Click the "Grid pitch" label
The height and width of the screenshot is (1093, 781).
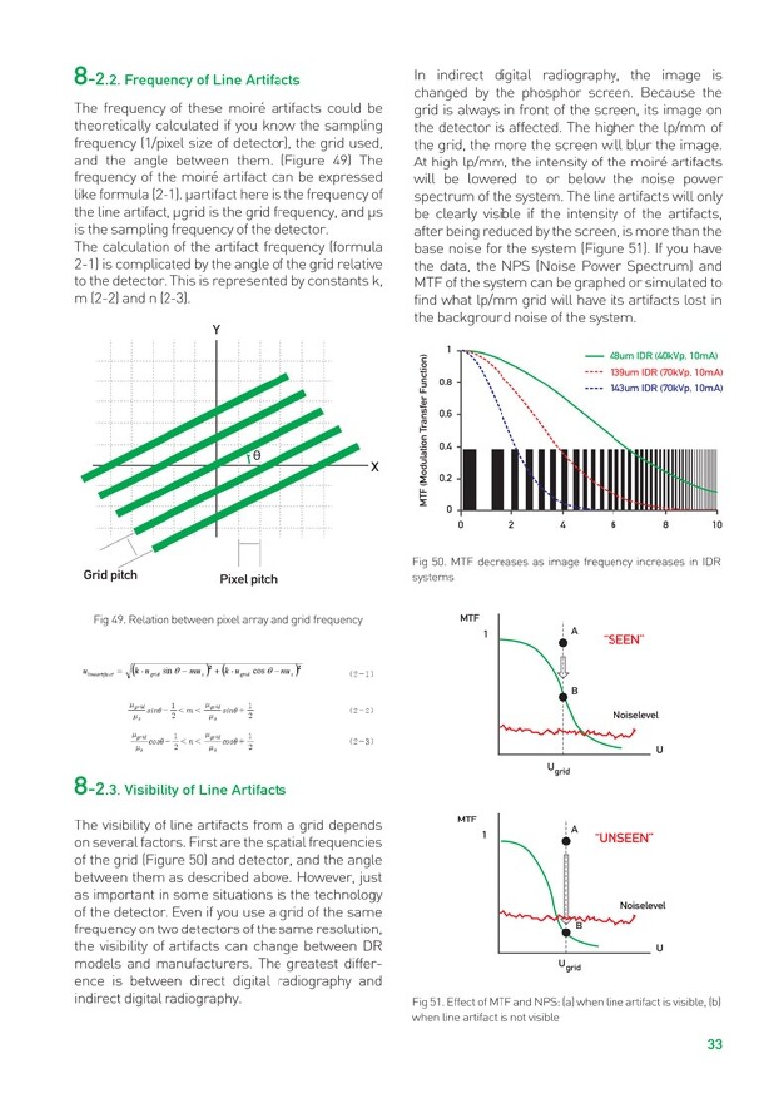[x=110, y=575]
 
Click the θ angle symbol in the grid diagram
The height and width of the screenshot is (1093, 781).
[x=255, y=454]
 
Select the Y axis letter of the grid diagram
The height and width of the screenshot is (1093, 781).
[x=215, y=330]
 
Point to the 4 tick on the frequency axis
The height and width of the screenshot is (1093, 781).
[x=562, y=524]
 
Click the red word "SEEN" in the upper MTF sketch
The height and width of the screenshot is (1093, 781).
[x=623, y=640]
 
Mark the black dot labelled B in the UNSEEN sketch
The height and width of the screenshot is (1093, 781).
[x=565, y=932]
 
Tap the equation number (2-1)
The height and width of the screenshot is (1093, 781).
[x=361, y=675]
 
